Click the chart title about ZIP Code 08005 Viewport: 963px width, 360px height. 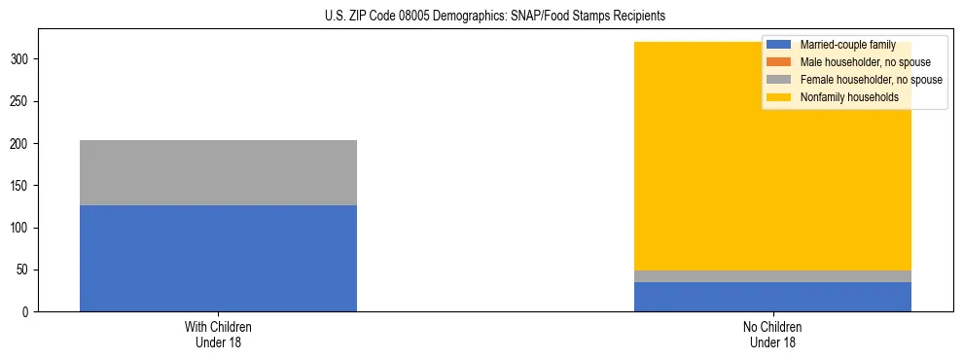(494, 17)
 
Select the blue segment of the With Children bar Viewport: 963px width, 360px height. (218, 258)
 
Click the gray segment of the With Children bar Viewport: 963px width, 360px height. (218, 172)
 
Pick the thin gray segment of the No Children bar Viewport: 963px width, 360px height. (772, 276)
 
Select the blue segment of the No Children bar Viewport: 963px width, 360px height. (772, 297)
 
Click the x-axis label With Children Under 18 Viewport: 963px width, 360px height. (218, 334)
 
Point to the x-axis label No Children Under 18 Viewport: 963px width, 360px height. (772, 334)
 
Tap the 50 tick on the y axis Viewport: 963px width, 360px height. (24, 270)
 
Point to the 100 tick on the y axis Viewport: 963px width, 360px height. (21, 228)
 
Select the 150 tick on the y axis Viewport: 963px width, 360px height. (21, 186)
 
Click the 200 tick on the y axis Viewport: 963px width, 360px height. (21, 144)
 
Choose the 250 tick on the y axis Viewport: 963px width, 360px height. (21, 101)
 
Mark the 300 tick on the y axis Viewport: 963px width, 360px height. (21, 59)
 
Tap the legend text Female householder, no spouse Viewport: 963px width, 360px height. (871, 80)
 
